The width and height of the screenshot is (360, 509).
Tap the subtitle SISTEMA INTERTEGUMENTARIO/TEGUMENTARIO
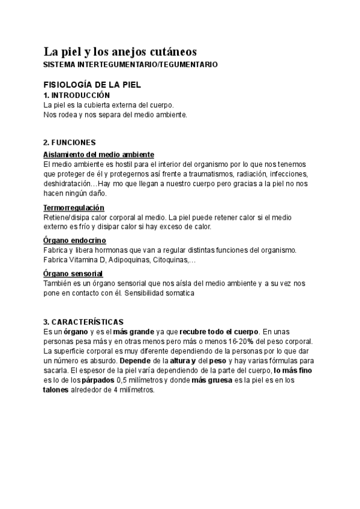click(131, 64)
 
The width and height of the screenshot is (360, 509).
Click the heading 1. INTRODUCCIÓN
click(77, 95)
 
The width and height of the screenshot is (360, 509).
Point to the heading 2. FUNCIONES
click(70, 143)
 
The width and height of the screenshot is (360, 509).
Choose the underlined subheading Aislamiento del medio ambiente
click(99, 154)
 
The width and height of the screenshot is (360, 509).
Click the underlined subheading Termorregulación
click(74, 207)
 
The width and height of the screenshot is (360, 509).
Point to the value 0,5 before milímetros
click(122, 380)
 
